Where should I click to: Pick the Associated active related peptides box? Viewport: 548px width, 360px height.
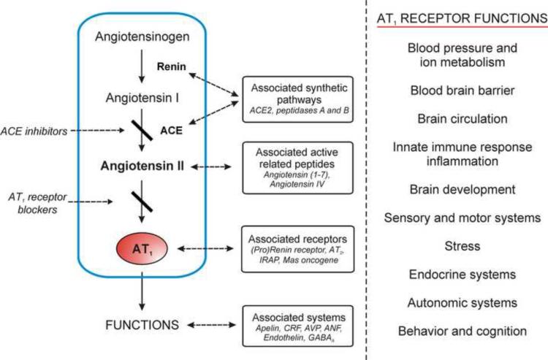point(299,166)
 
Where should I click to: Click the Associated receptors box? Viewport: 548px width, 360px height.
point(299,248)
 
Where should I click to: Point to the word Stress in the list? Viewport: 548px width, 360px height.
point(462,246)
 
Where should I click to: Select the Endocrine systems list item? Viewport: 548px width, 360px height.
point(462,274)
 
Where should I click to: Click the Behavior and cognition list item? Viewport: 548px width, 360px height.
point(462,330)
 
